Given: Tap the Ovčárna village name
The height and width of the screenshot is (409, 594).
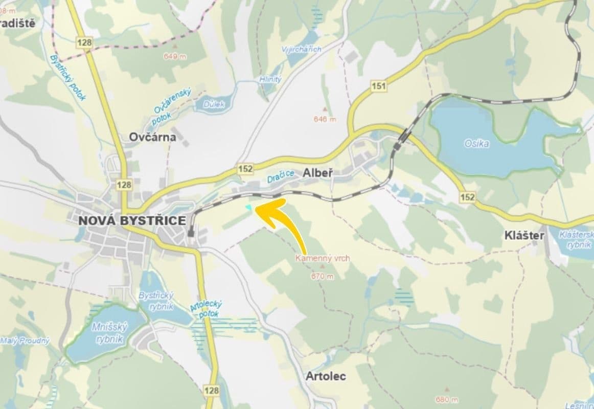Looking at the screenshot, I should click(x=152, y=137).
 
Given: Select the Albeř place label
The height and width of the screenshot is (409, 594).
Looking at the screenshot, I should click(x=318, y=173).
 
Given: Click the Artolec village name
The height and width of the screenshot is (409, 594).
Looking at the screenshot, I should click(x=326, y=376).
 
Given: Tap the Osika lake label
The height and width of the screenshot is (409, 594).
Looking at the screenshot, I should click(x=476, y=144).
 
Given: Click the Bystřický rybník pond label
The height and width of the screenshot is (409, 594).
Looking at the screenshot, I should click(x=156, y=301).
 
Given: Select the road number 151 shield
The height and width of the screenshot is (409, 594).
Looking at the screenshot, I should click(x=379, y=86).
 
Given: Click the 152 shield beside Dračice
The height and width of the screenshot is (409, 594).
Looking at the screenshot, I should click(x=245, y=169).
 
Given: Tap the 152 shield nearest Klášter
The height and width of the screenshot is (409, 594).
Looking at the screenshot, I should click(x=467, y=197).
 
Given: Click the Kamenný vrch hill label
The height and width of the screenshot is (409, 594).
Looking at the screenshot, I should click(x=323, y=258).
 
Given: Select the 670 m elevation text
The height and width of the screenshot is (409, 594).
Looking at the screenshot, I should click(x=322, y=277).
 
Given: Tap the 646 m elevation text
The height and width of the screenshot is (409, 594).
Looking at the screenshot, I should click(x=325, y=119).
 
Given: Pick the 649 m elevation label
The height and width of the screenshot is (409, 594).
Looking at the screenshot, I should click(x=174, y=56).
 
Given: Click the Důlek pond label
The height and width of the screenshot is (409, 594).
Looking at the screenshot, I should click(x=214, y=104).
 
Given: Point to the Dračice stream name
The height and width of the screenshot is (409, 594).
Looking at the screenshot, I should click(x=281, y=176).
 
